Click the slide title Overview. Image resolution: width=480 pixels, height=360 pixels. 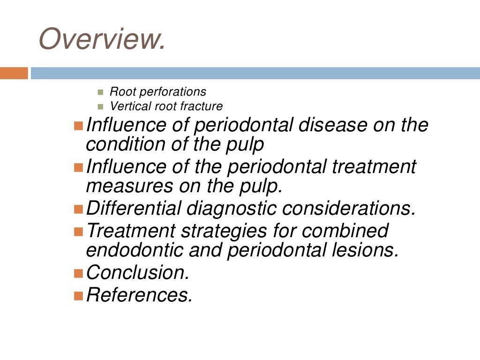[x=102, y=39]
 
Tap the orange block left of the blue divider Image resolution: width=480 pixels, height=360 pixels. [x=14, y=73]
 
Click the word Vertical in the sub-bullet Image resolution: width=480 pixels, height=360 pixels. [x=125, y=106]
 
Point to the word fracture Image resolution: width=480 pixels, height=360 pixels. [x=201, y=106]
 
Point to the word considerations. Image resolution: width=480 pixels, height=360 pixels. [x=349, y=208]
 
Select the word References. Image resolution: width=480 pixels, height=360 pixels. [x=140, y=295]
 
